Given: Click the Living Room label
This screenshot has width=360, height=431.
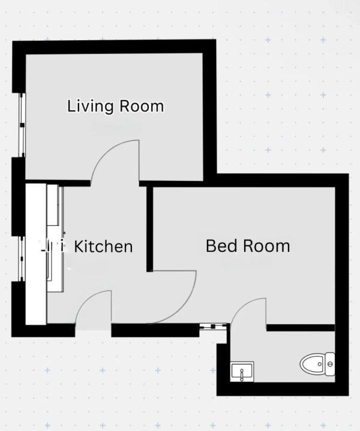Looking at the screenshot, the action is [116, 106].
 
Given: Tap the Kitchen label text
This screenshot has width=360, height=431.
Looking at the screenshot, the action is [103, 246].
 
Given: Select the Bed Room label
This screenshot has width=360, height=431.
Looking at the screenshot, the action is [248, 246].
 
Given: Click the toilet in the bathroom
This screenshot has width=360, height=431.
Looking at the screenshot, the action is [317, 364].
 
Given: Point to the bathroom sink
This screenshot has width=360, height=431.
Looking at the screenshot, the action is [242, 372].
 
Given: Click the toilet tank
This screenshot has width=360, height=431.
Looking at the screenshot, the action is [330, 364].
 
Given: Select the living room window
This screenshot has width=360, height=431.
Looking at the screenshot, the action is [22, 125].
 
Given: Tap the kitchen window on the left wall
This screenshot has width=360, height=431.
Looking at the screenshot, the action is [22, 258].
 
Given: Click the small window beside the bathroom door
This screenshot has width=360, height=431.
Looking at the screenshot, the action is [214, 326].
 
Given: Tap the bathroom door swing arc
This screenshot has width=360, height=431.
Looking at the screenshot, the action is [242, 305].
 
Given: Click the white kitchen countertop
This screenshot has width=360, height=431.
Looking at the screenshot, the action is [36, 254].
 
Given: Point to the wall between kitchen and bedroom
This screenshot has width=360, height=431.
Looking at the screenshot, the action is [150, 229].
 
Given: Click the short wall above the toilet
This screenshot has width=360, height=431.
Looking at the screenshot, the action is [301, 328].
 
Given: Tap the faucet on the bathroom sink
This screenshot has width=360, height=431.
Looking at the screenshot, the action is [242, 375].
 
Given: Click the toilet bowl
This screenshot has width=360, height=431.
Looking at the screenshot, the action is [313, 364].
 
